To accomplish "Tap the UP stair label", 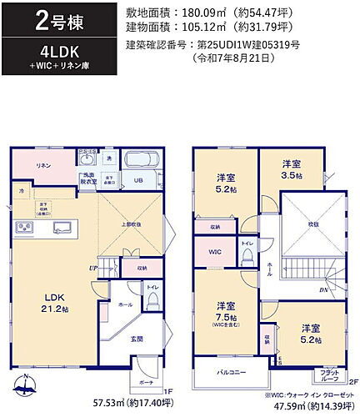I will [93, 267].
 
